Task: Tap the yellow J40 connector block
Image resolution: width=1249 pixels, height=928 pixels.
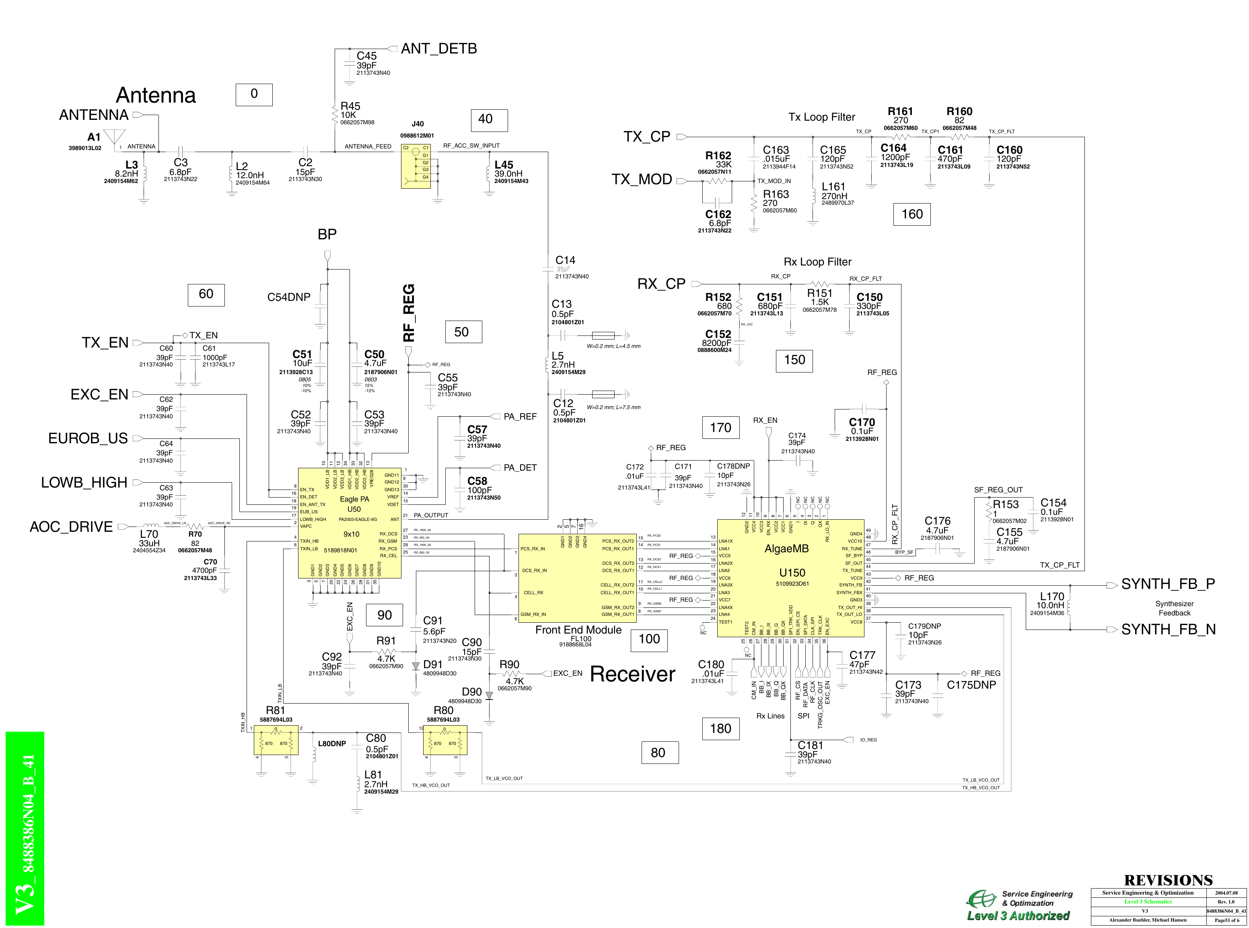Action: click(x=416, y=166)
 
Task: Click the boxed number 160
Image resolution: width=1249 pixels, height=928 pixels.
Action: click(x=912, y=214)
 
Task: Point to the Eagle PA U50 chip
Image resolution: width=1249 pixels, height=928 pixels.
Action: click(x=349, y=523)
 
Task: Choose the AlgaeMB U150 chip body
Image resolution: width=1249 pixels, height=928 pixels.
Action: click(x=790, y=578)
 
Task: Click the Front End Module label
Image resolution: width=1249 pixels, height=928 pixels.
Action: click(x=578, y=630)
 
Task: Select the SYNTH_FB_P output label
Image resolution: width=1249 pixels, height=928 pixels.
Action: click(x=1168, y=584)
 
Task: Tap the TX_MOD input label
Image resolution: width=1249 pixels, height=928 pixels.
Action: click(x=641, y=180)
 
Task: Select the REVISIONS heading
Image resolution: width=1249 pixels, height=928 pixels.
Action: click(x=1168, y=880)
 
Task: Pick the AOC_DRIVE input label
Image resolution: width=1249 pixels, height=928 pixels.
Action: click(x=71, y=527)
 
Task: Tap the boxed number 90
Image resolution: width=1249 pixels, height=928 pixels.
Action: click(x=384, y=615)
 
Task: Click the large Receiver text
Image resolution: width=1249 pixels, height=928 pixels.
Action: click(x=632, y=674)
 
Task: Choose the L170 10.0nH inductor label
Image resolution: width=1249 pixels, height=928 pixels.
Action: click(x=1051, y=601)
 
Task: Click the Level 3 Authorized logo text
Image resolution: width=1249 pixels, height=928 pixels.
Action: click(x=1018, y=916)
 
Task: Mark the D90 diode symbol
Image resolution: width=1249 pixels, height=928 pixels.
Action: click(x=489, y=695)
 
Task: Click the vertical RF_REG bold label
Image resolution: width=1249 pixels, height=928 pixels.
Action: click(x=409, y=313)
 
